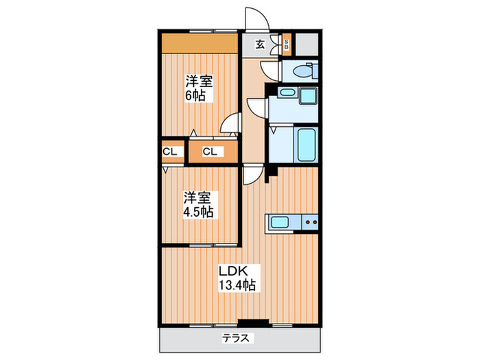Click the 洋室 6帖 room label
click(x=198, y=88)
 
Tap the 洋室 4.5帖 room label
click(x=198, y=204)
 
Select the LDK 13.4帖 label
click(x=237, y=278)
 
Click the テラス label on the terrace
click(x=236, y=338)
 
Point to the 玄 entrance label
click(x=260, y=45)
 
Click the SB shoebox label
click(x=287, y=45)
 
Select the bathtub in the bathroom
click(x=307, y=145)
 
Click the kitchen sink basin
click(x=279, y=222)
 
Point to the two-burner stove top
click(x=310, y=222)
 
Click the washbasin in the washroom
click(x=287, y=92)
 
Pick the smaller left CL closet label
click(x=169, y=152)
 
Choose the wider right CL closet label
click(x=210, y=152)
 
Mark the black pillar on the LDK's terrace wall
click(x=253, y=322)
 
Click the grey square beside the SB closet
click(x=307, y=45)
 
